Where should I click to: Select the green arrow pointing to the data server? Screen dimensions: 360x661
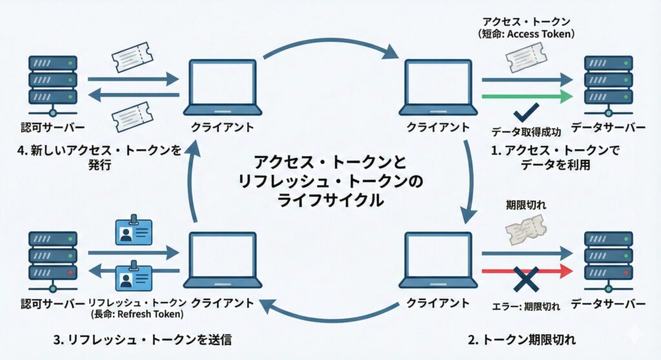point(526,97)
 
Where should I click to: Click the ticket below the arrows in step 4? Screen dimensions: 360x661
point(134,118)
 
